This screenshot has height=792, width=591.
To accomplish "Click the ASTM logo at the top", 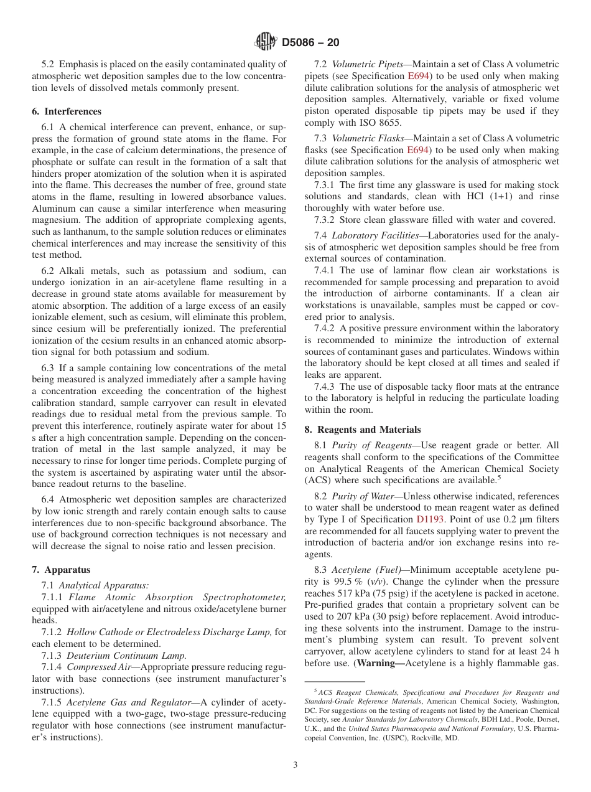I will coord(266,42).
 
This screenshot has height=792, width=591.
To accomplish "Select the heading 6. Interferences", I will coord(67,111).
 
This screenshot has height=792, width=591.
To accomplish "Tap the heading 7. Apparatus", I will coord(61,570).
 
